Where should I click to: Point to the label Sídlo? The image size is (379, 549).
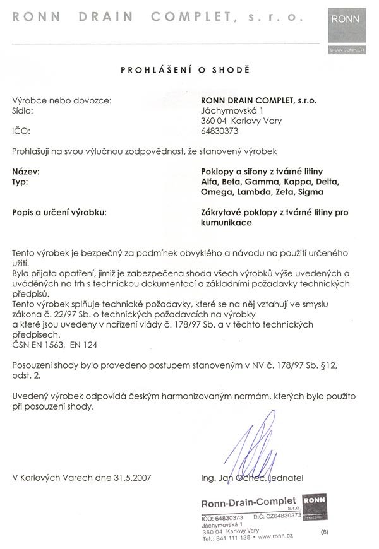(x=22, y=110)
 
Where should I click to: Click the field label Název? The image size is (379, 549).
(x=26, y=171)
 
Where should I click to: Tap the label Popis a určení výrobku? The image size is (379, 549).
(x=59, y=213)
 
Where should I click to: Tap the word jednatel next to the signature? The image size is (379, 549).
(x=287, y=478)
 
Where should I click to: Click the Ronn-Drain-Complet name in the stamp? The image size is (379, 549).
(x=248, y=503)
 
